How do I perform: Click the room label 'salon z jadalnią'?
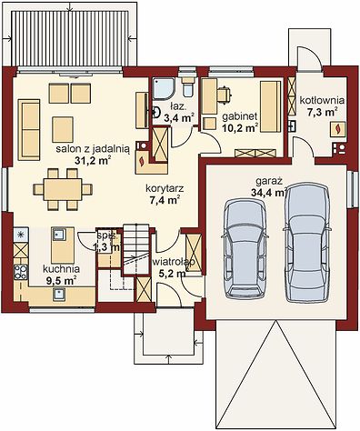pos(93,149)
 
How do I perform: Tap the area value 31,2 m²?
pos(93,160)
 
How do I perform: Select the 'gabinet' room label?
pos(240,116)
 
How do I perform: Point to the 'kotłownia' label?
pos(322,100)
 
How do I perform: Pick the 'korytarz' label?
pos(165,188)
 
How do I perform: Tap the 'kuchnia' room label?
pos(61,269)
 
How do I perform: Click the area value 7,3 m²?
pos(323,112)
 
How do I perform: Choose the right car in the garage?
pos(306,242)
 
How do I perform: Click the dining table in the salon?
pos(63,189)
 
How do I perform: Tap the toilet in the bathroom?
pos(188,87)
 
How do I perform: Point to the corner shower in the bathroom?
pos(163,88)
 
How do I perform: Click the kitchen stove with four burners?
pos(21,272)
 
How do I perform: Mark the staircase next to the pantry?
pos(136,249)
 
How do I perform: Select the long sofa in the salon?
pos(29,130)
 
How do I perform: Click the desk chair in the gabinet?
pos(225,94)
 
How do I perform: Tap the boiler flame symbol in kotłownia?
pos(337,129)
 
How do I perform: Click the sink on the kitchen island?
pos(59,235)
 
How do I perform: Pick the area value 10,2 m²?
pos(240,128)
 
